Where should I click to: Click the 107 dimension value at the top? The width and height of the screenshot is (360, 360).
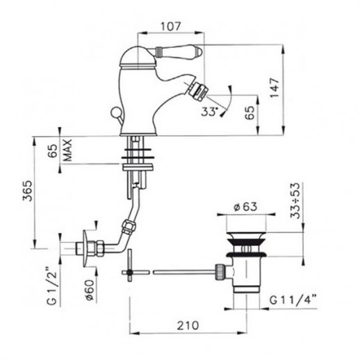click(x=170, y=26)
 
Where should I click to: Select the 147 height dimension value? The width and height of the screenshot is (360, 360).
click(x=275, y=88)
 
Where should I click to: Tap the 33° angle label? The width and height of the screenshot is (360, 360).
click(x=210, y=112)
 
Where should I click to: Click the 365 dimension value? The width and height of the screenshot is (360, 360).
click(x=27, y=190)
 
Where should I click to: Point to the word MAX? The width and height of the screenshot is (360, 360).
click(x=67, y=150)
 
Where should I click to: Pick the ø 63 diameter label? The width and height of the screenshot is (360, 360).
click(x=245, y=206)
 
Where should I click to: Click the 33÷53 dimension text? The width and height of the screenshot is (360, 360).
click(x=295, y=201)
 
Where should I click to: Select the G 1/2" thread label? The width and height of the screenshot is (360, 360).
click(x=51, y=286)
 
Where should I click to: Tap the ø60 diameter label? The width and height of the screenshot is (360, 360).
click(x=90, y=291)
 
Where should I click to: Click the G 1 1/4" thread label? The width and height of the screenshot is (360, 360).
click(x=293, y=300)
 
